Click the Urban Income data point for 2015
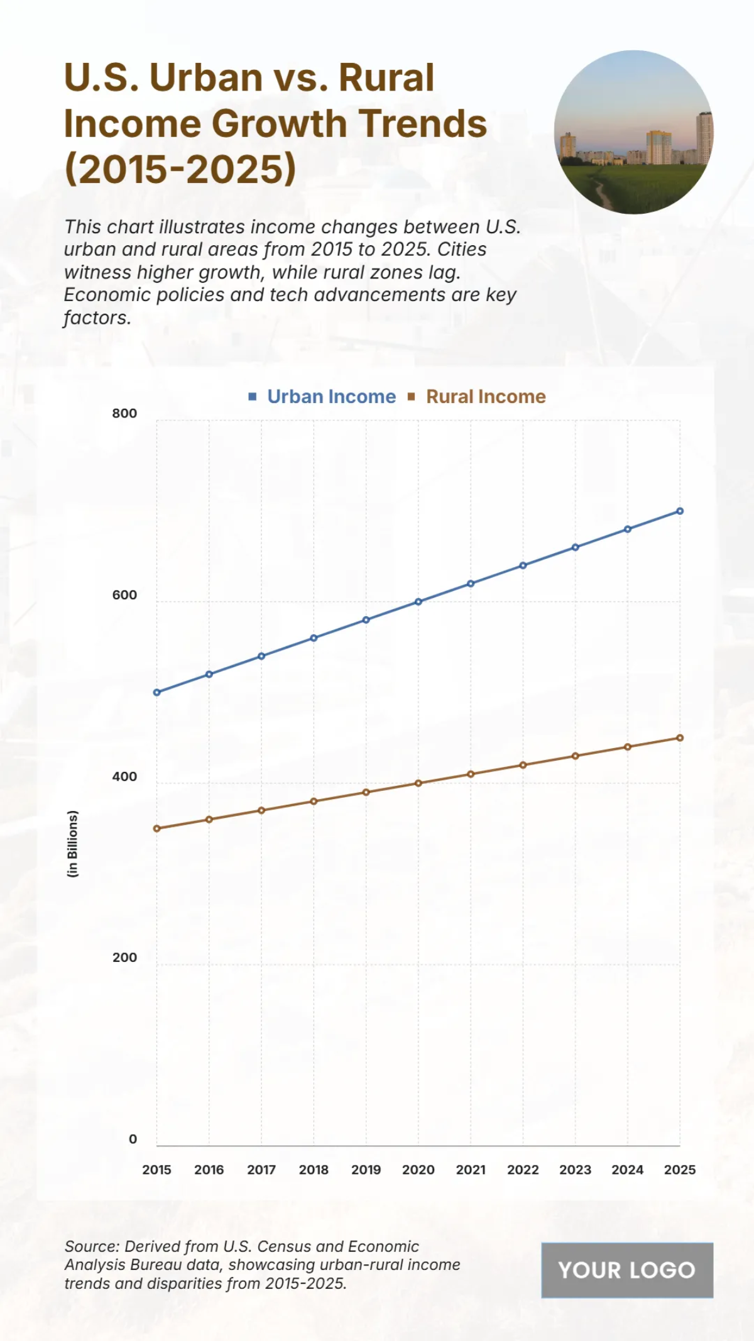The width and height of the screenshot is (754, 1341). point(157,692)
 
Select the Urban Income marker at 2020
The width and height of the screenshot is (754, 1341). point(418,602)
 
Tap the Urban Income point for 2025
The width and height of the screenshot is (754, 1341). point(680,511)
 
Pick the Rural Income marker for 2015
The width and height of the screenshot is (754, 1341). point(157,829)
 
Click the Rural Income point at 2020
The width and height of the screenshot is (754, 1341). point(418,783)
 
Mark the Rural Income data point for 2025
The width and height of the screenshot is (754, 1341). point(680,738)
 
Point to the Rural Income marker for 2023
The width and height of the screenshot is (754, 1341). point(576,756)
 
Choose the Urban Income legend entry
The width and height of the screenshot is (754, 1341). point(331,397)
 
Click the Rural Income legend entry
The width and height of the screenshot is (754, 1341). point(485,397)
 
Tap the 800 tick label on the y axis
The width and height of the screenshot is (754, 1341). point(124,414)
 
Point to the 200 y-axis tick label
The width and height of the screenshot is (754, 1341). point(124,957)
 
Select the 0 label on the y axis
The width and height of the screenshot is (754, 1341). point(133,1139)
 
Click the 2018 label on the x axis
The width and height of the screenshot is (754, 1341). point(314,1170)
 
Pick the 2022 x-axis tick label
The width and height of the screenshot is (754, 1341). point(523,1170)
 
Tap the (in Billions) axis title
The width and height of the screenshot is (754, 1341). point(73,844)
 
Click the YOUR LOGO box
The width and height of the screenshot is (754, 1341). point(627,1270)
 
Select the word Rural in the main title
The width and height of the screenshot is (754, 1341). point(386,78)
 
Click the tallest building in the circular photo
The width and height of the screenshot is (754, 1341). point(704,138)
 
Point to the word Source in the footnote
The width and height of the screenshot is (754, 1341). point(92,1246)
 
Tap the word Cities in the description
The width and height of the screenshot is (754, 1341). point(462,250)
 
